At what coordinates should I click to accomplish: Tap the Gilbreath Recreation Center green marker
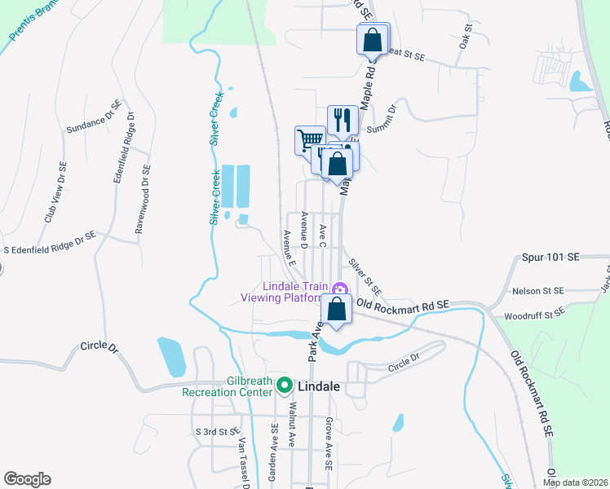click(285, 385)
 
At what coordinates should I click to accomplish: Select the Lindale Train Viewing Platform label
click(295, 292)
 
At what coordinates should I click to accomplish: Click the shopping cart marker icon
click(309, 139)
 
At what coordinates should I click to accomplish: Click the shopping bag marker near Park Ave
click(336, 308)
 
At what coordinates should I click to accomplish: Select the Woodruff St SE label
click(534, 314)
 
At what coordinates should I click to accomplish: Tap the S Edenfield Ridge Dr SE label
click(49, 233)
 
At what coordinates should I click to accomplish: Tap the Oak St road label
click(467, 37)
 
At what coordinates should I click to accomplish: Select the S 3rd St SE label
click(215, 430)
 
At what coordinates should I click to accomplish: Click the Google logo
click(27, 479)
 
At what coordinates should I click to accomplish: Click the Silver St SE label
click(365, 277)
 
